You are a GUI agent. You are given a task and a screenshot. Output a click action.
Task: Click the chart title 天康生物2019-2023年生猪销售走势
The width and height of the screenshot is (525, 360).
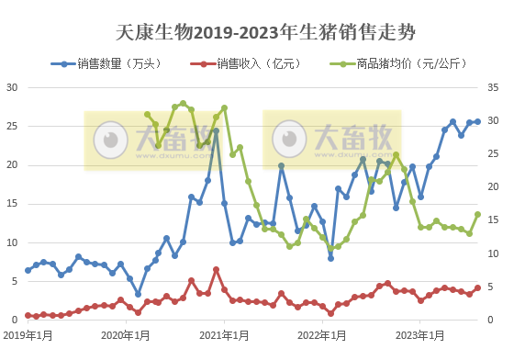pyautogui.click(x=265, y=33)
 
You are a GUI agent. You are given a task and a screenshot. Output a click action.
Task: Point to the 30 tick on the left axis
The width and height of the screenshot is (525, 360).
pyautogui.click(x=13, y=87)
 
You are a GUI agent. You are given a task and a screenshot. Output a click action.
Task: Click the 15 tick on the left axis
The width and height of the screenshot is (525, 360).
pyautogui.click(x=13, y=204)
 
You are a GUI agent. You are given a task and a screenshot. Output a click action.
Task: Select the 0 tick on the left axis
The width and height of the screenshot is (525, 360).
pyautogui.click(x=16, y=320)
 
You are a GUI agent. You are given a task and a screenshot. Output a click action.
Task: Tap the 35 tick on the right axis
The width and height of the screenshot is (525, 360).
pyautogui.click(x=494, y=87)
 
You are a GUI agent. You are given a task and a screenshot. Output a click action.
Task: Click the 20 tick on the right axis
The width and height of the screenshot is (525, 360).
pyautogui.click(x=494, y=187)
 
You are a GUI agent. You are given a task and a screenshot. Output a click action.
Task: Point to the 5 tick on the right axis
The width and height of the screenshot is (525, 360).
pyautogui.click(x=492, y=287)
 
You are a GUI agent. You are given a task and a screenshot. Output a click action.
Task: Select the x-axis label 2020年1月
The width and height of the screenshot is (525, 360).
pyautogui.click(x=127, y=336)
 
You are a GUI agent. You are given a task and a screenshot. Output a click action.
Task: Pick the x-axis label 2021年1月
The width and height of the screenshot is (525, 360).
pyautogui.click(x=223, y=336)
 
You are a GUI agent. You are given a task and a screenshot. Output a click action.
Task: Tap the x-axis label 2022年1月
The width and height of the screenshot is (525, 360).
pyautogui.click(x=322, y=336)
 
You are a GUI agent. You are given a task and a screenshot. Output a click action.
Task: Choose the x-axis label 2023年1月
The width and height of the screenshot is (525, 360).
pyautogui.click(x=420, y=336)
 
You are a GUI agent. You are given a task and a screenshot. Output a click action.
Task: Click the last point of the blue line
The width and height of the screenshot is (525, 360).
pyautogui.click(x=477, y=121)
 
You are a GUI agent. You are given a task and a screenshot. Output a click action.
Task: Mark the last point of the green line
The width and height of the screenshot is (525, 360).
pyautogui.click(x=477, y=215)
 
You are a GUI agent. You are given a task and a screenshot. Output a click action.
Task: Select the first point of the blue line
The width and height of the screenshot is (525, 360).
pyautogui.click(x=28, y=270)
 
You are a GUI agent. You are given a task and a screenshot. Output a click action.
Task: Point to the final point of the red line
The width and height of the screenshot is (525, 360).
pyautogui.click(x=477, y=287)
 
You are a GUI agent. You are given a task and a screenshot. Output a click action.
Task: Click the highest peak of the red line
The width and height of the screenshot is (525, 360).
pyautogui.click(x=216, y=269)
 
